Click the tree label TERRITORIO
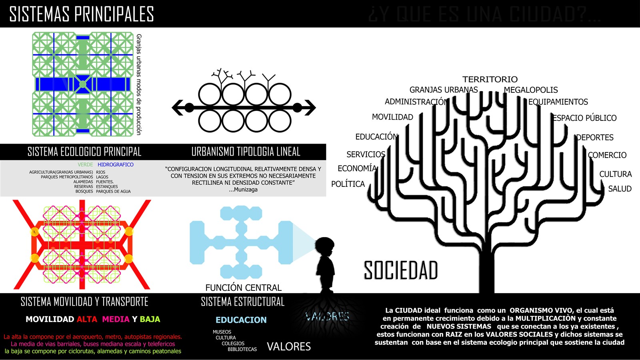490,79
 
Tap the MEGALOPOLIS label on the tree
530,90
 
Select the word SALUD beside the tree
620,189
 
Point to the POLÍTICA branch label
348,184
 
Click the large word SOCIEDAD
401,270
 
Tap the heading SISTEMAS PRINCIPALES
82,14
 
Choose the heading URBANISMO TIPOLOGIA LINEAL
246,152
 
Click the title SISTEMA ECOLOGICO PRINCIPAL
84,152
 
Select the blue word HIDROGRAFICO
116,164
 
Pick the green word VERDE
85,164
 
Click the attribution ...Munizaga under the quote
243,190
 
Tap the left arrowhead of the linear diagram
177,107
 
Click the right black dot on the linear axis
297,107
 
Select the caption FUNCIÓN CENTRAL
243,288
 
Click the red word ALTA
87,319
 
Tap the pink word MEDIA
116,319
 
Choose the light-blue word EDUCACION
241,320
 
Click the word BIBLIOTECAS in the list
242,349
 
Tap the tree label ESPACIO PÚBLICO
585,118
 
